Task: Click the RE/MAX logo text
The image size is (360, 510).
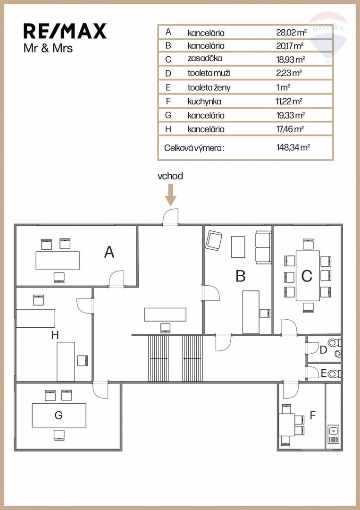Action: (65, 31)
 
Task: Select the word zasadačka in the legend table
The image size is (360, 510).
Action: (205, 59)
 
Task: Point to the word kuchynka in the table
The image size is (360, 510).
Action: (204, 101)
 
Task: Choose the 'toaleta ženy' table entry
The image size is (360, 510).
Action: (209, 87)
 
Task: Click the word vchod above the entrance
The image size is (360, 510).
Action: (170, 176)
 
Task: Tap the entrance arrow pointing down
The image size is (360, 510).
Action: (170, 195)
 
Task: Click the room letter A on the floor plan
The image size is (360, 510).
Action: (109, 253)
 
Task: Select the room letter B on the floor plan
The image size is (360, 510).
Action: (240, 276)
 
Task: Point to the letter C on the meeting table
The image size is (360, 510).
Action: (307, 276)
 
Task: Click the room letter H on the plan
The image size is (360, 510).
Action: (55, 335)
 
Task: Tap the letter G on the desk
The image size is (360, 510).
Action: (59, 415)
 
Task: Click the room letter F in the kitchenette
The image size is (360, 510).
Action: (312, 416)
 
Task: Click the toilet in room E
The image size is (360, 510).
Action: (334, 374)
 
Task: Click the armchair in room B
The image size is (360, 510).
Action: (214, 241)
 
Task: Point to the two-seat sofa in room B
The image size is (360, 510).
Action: (263, 247)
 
